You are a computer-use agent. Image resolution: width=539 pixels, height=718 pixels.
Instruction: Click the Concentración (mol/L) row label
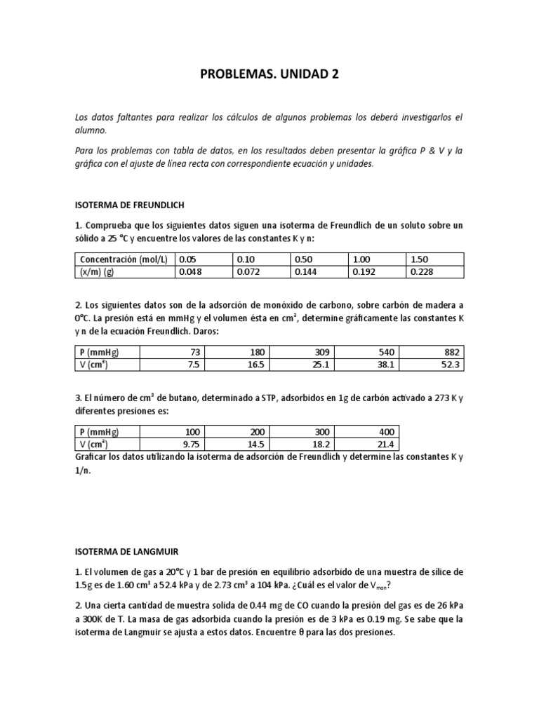124,259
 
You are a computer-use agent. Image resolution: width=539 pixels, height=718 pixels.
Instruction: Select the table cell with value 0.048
191,271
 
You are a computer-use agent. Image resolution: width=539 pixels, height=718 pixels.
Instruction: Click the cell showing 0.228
421,271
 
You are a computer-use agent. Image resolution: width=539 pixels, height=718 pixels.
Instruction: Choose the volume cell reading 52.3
452,364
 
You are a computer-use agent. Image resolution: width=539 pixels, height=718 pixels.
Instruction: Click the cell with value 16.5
255,364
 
